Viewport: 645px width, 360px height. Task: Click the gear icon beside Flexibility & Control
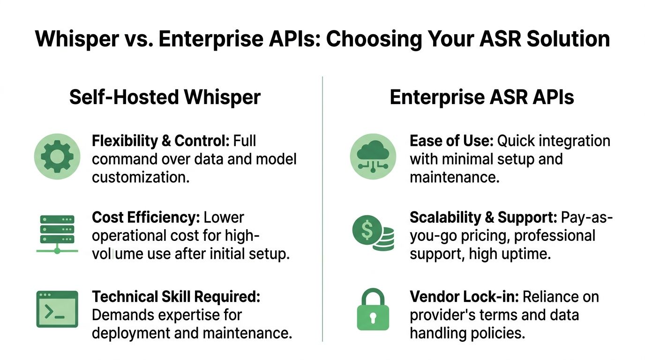pos(57,157)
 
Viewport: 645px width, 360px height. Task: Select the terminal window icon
pos(57,309)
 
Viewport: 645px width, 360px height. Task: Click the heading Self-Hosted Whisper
pos(165,97)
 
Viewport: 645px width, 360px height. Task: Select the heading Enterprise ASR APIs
pos(481,97)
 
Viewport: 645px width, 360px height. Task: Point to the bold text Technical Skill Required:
pos(176,297)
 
